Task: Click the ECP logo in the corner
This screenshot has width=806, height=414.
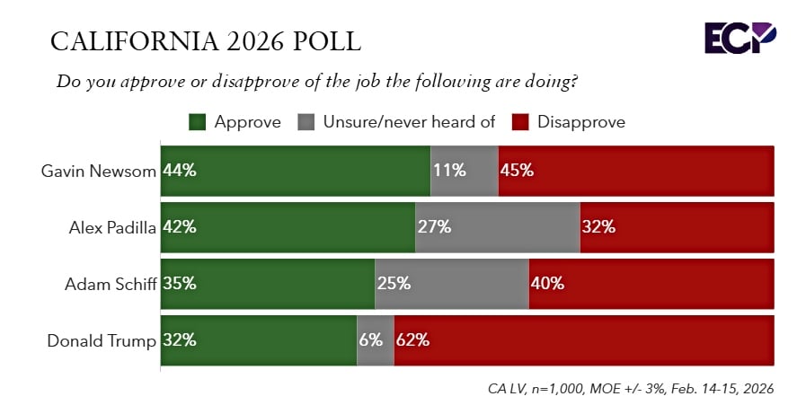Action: click(740, 39)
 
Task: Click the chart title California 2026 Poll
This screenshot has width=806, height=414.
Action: click(206, 41)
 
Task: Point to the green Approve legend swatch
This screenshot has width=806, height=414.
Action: click(198, 122)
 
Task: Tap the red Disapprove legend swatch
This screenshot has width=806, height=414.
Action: click(520, 122)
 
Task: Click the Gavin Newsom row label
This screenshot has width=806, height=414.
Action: click(99, 171)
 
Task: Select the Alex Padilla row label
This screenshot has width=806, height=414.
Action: click(112, 227)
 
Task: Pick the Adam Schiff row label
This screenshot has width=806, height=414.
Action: click(111, 284)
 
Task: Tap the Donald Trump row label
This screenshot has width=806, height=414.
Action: click(102, 340)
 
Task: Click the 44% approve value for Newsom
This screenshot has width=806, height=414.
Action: click(180, 171)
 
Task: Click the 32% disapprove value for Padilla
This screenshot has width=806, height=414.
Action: click(598, 227)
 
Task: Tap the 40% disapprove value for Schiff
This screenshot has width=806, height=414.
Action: click(547, 284)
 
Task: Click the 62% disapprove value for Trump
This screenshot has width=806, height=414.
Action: click(412, 340)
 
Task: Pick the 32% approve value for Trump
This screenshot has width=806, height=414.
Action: click(180, 340)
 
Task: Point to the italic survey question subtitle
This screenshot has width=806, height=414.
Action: click(316, 81)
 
